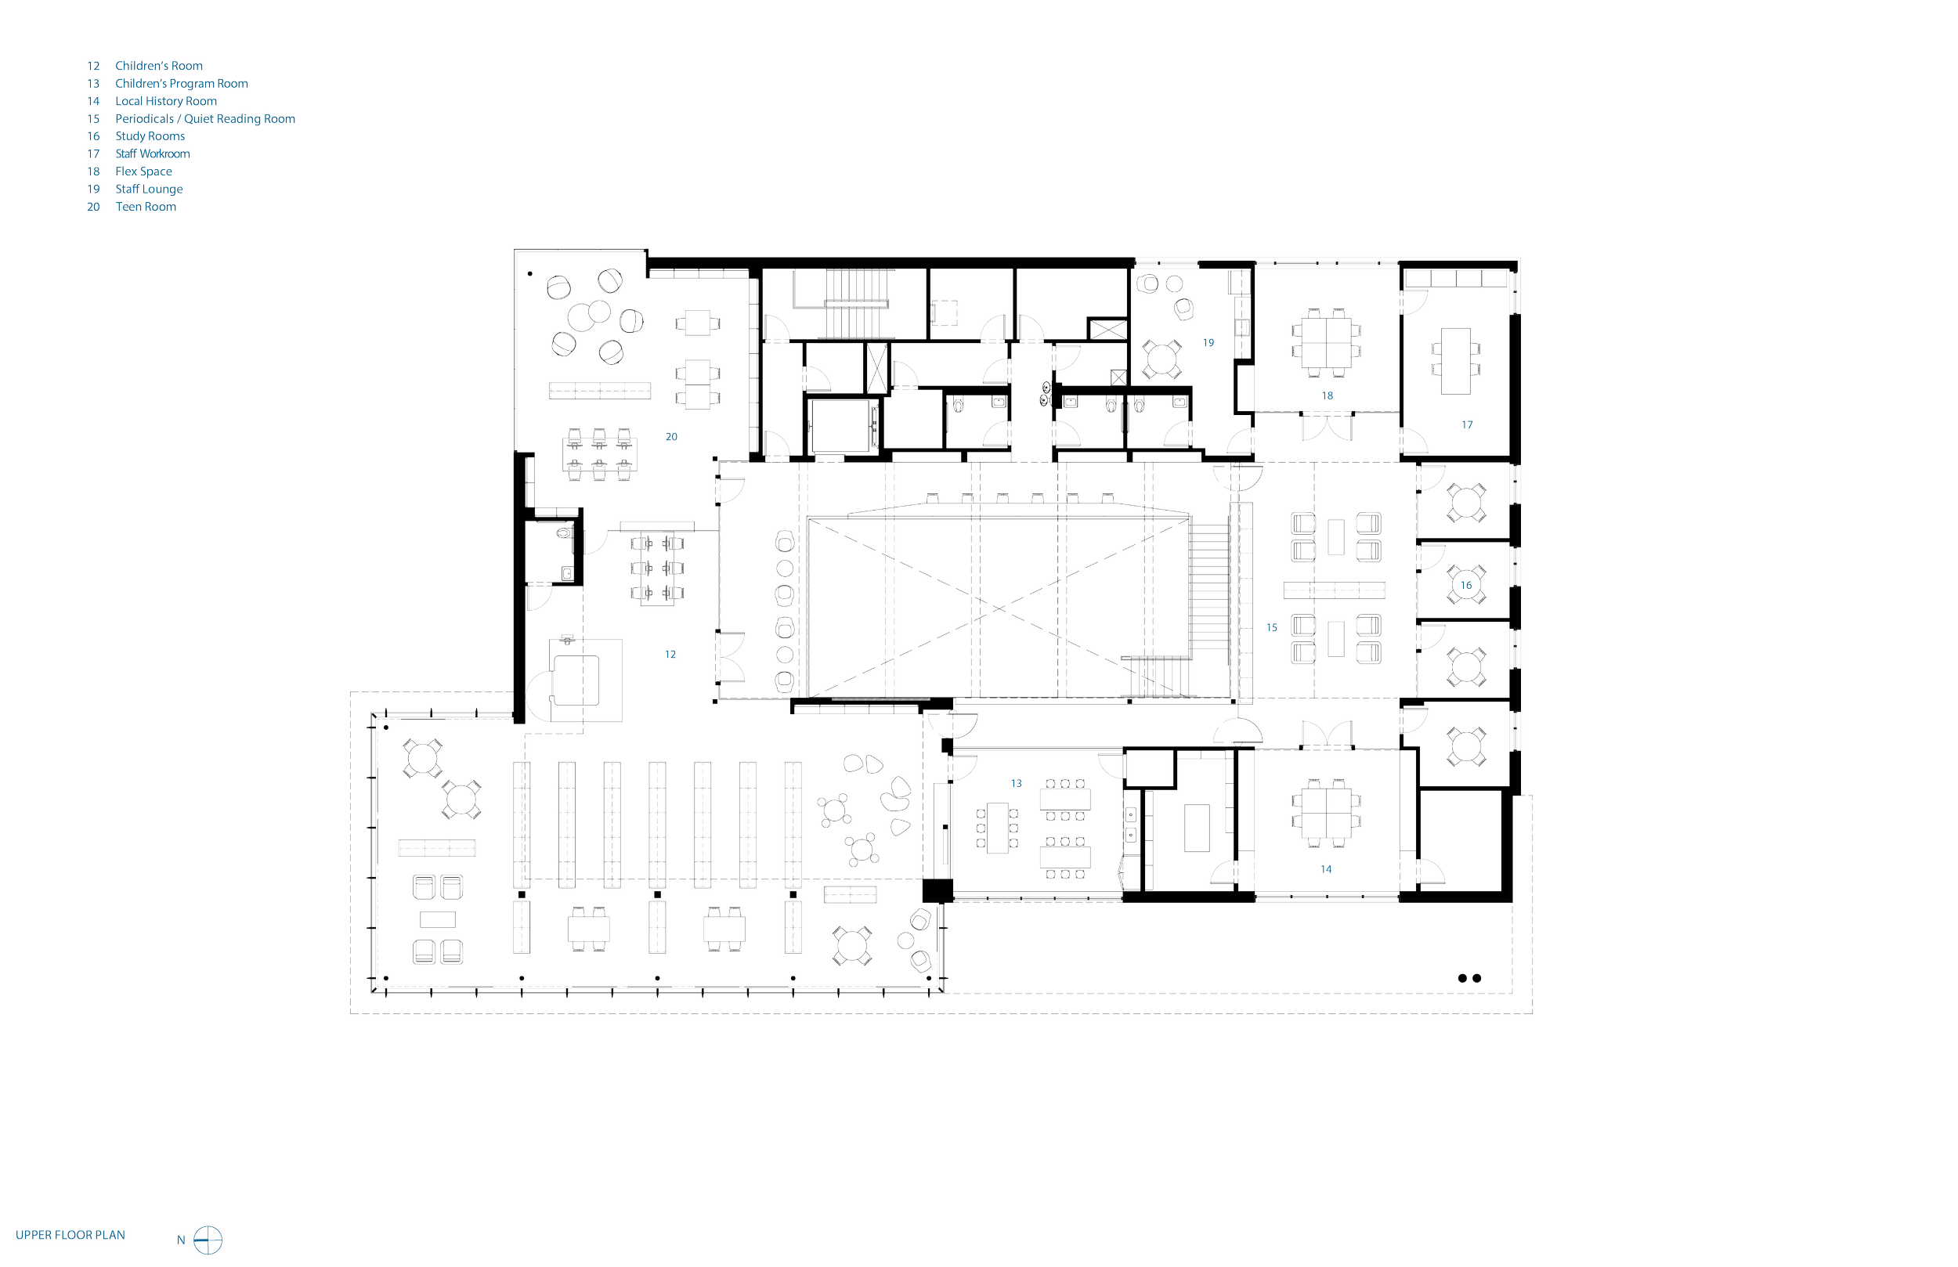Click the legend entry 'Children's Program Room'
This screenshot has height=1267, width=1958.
pos(181,84)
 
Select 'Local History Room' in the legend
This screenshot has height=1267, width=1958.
pos(166,101)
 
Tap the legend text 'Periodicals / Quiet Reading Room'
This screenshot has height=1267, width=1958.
pos(205,118)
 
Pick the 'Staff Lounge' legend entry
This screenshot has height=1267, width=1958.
pos(149,190)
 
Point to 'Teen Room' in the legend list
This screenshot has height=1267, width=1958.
pos(146,207)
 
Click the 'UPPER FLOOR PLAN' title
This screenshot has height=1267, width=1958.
pos(70,1235)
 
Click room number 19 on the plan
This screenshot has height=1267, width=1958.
pos(1208,342)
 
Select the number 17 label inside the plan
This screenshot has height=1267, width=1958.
pos(1467,425)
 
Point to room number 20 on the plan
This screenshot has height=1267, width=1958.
pos(671,437)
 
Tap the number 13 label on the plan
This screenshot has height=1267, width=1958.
pos(1016,783)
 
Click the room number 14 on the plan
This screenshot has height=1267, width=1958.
pos(1326,868)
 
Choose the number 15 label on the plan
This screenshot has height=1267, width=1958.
pos(1272,627)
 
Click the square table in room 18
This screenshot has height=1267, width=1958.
pos(1327,338)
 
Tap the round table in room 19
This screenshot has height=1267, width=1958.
pos(1160,359)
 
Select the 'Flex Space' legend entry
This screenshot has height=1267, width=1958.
pos(144,172)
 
